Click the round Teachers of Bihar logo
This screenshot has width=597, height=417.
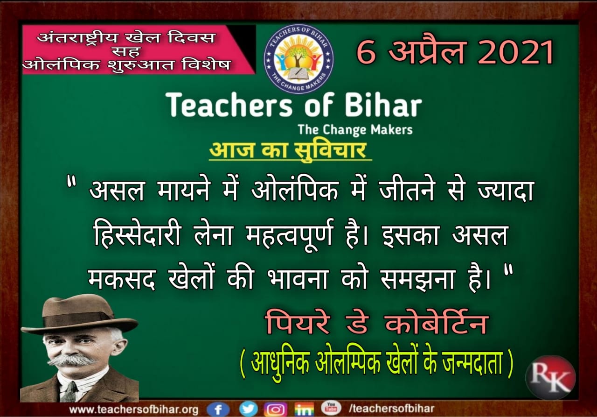[299, 59]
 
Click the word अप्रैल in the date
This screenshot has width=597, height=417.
[427, 51]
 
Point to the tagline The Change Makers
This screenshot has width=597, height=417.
[355, 130]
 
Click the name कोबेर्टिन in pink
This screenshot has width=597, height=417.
[437, 322]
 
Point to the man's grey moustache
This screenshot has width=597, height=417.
[72, 360]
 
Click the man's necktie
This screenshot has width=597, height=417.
[70, 392]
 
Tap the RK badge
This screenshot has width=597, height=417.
[550, 377]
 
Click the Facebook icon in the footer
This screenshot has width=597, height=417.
[218, 409]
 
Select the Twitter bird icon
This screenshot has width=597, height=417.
[249, 409]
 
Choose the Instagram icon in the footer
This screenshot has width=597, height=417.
[275, 409]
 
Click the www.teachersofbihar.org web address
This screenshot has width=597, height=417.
[134, 410]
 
